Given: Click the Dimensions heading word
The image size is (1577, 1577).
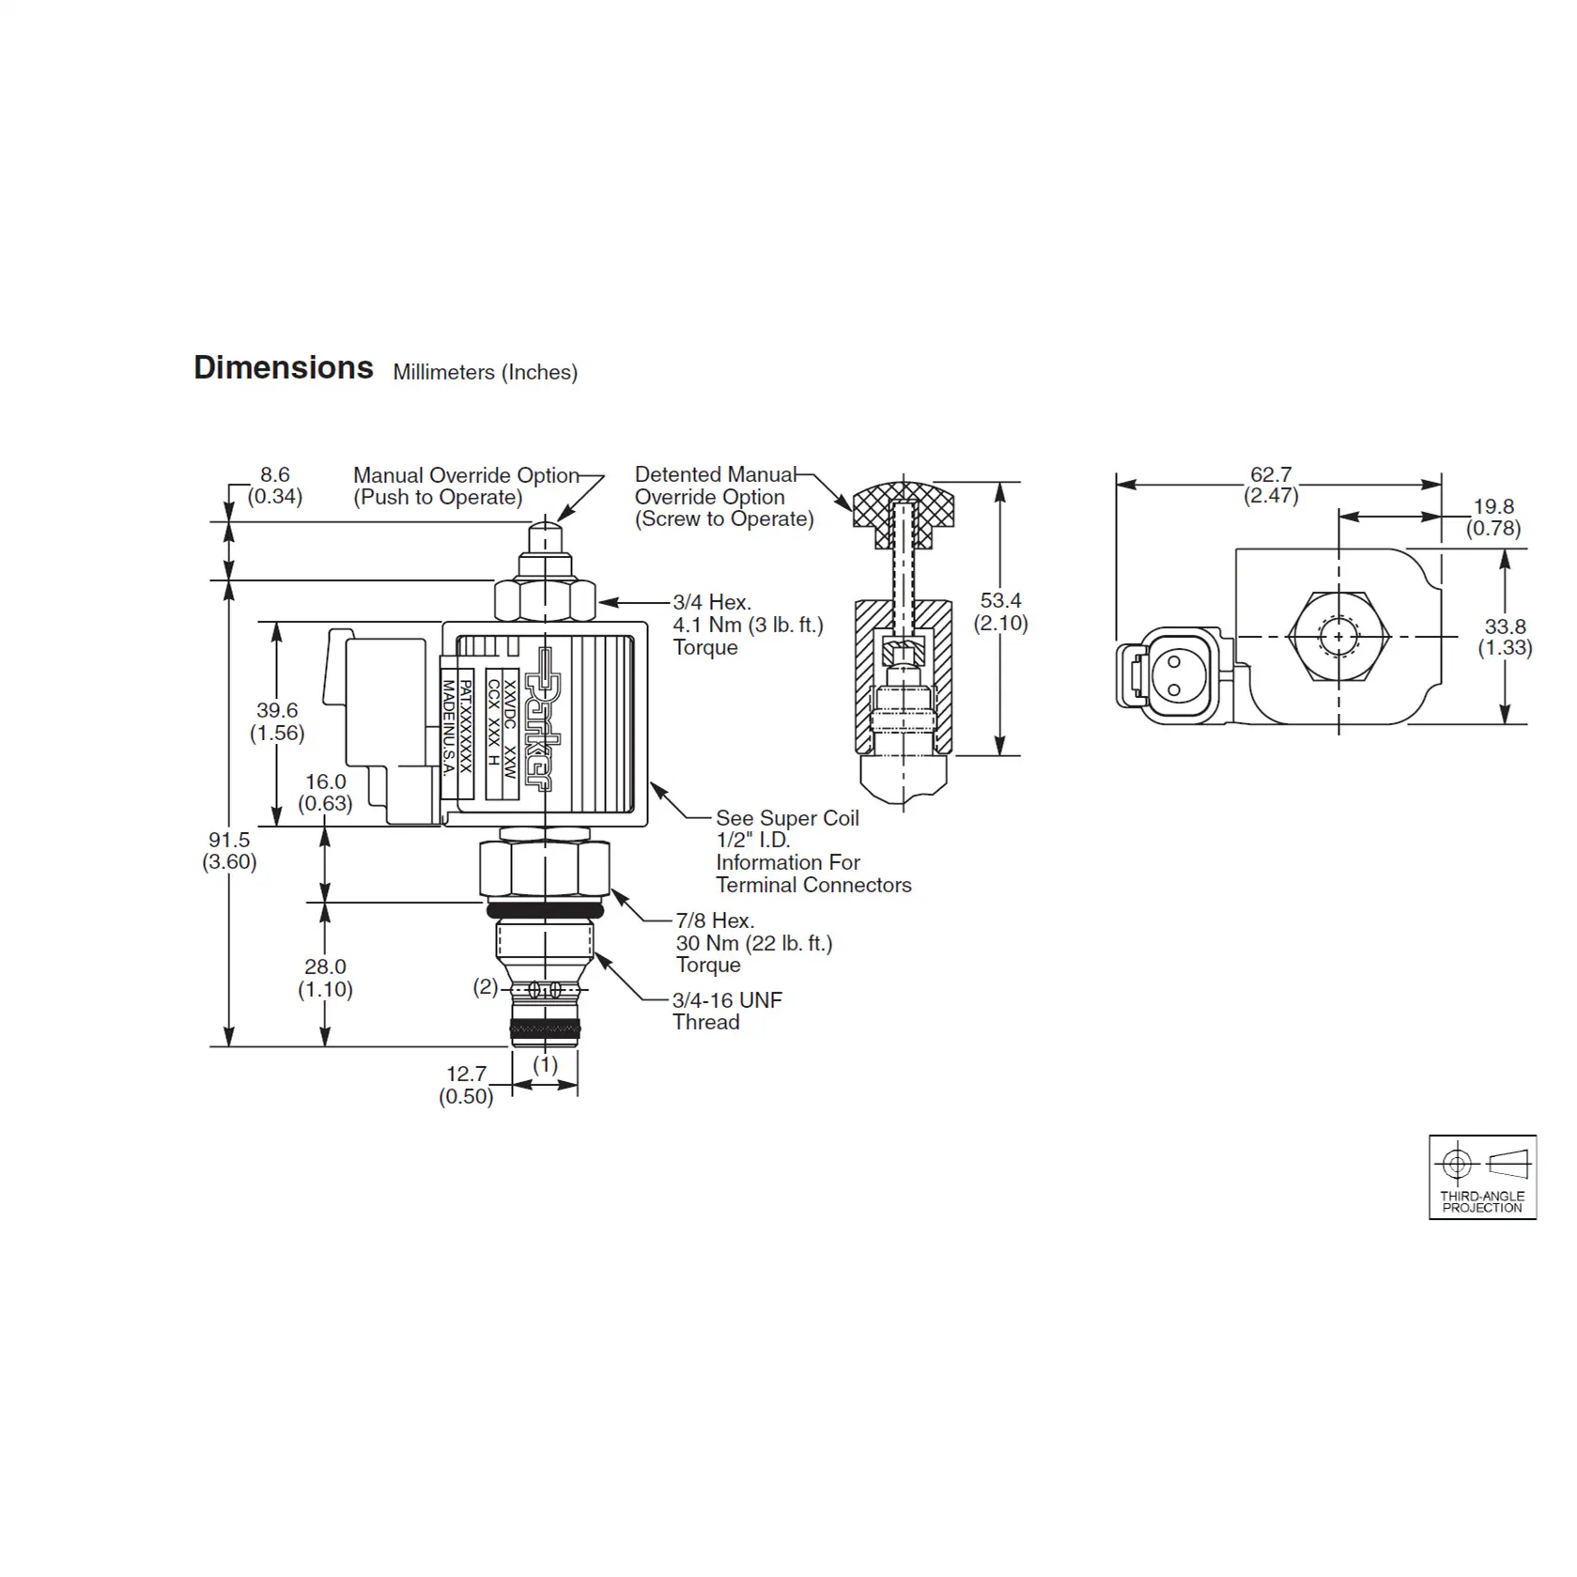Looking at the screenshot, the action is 283,367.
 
